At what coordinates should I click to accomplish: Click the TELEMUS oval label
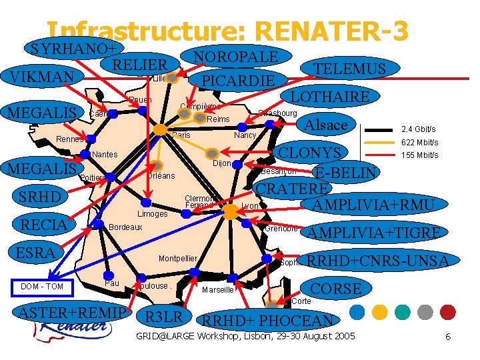click(350, 69)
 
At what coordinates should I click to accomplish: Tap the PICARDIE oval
click(238, 81)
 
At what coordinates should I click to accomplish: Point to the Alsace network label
click(326, 125)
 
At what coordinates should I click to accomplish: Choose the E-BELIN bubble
click(346, 173)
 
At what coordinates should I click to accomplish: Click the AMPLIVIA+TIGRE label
click(373, 232)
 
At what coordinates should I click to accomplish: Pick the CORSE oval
click(337, 289)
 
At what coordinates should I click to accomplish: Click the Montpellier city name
click(177, 259)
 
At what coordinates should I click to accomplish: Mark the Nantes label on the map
click(105, 155)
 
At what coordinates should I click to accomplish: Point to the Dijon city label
click(222, 164)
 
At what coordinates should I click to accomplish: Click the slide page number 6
click(448, 337)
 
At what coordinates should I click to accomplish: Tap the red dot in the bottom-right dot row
click(448, 311)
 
